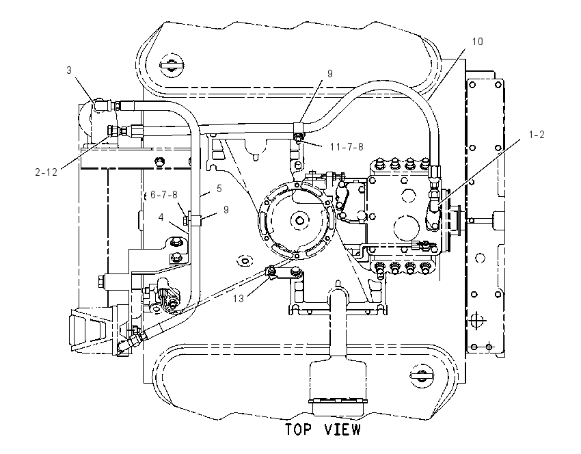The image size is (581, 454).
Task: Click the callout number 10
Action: (x=478, y=42)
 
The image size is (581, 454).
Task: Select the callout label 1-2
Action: (x=536, y=135)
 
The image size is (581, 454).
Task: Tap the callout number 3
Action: (x=69, y=70)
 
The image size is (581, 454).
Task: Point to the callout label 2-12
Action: (x=46, y=172)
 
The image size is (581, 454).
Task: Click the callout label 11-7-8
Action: (x=347, y=147)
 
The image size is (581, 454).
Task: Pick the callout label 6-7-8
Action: (x=164, y=195)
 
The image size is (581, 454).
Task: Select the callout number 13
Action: (x=239, y=298)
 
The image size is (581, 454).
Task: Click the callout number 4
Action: (x=161, y=217)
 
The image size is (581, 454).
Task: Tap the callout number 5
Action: (x=219, y=189)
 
